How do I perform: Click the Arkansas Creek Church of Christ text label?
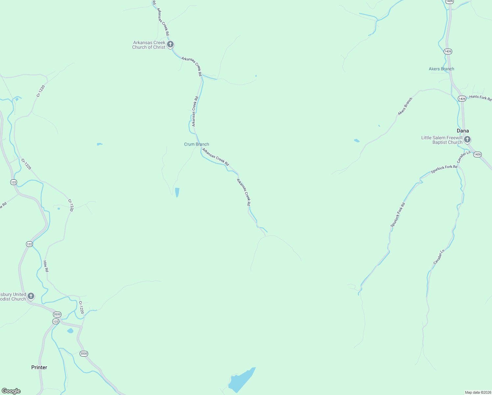[149, 45]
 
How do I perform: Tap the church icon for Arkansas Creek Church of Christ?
[170, 44]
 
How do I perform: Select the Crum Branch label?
[196, 144]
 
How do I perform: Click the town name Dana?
[463, 131]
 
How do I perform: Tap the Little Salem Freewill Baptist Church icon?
[467, 140]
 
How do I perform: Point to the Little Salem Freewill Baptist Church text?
[442, 140]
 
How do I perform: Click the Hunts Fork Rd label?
[480, 98]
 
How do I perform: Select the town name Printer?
[39, 367]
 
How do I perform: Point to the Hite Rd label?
[46, 266]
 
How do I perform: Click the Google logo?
[11, 391]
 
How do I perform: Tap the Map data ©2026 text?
[478, 392]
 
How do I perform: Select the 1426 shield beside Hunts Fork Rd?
[462, 99]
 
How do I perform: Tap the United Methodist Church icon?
[31, 296]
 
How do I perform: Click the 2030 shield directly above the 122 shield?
[57, 314]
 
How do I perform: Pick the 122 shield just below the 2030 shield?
[56, 321]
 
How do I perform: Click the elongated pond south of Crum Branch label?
[177, 192]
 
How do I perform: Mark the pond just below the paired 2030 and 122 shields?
[70, 331]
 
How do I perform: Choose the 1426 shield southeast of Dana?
[478, 154]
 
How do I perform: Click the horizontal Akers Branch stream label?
[441, 69]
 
